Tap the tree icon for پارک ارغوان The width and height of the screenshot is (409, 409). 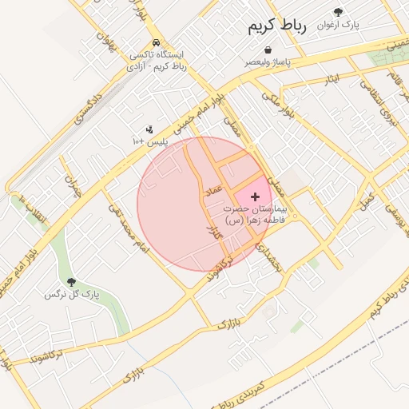(338, 12)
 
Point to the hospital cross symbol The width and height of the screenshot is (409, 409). (255, 196)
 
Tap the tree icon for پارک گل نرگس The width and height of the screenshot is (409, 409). (72, 281)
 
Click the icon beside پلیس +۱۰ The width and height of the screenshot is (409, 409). (149, 129)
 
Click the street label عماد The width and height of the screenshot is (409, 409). (212, 190)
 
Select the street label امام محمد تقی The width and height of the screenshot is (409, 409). (129, 227)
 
